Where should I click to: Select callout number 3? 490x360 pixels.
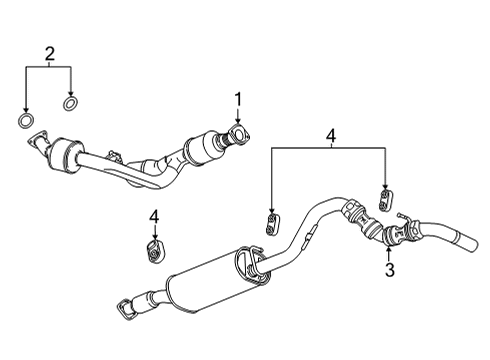point(390,269)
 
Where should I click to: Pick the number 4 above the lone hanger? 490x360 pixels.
point(154,216)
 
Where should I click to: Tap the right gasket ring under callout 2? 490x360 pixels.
point(72,103)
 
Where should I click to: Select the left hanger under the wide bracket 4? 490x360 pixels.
point(271,221)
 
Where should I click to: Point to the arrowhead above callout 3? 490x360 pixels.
point(390,250)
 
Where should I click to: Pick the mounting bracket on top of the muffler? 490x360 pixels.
point(247,263)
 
